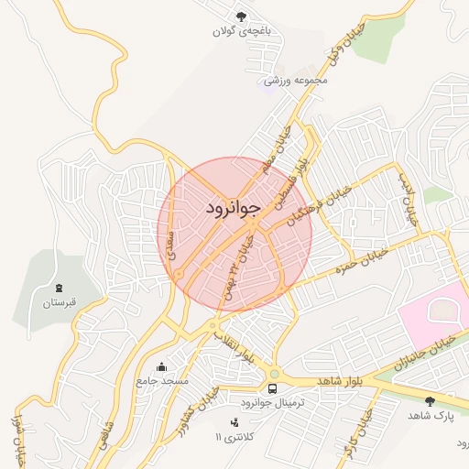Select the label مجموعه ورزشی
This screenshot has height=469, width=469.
coord(296,81)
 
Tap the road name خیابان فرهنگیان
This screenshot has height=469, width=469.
coord(317,203)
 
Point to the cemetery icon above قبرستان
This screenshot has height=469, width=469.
coord(60,288)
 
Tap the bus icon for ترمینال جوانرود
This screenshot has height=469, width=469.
coord(273,388)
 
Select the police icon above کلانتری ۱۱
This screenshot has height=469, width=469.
coord(234,422)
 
